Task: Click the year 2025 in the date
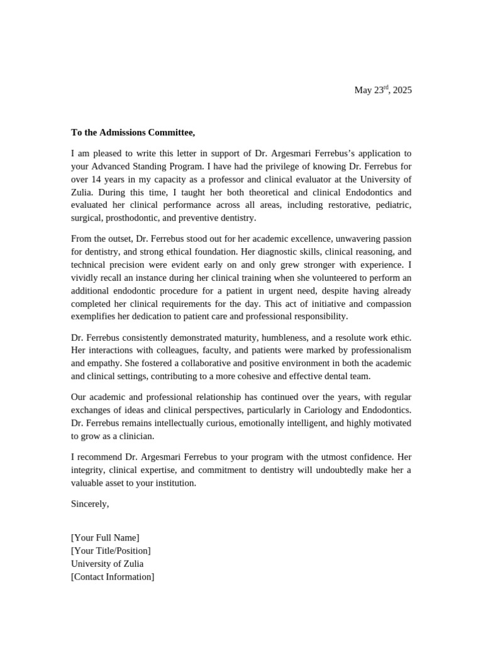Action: click(x=402, y=90)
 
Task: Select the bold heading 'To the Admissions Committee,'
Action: click(x=133, y=132)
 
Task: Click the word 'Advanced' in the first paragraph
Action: click(x=114, y=166)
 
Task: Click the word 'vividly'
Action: click(x=85, y=278)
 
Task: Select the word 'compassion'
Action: click(x=389, y=304)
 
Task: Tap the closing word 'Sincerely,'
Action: click(x=90, y=504)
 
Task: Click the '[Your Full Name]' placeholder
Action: click(x=105, y=537)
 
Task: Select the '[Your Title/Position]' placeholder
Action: click(x=111, y=551)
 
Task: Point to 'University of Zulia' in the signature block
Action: click(x=107, y=564)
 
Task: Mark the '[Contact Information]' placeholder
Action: click(x=113, y=577)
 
